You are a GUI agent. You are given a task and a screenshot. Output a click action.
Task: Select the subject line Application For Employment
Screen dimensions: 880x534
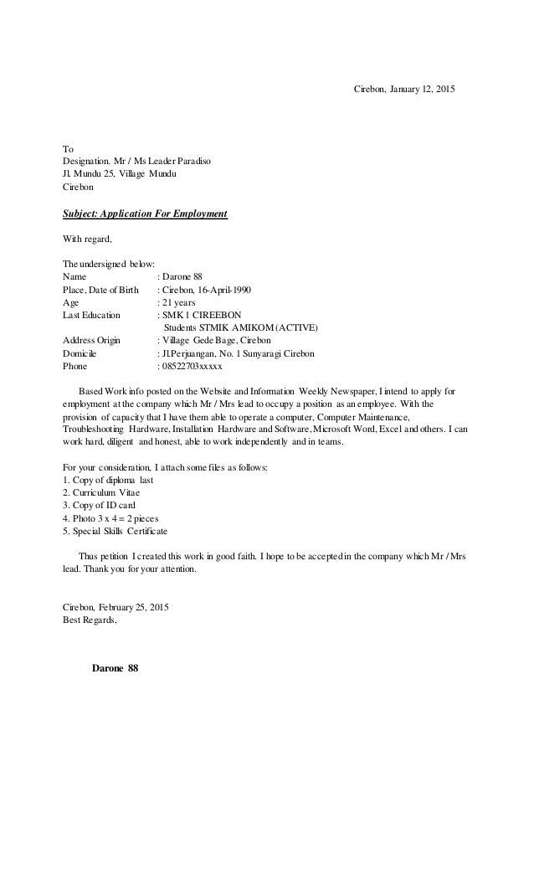146,214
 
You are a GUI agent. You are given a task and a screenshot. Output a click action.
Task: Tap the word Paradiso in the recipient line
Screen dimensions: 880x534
193,160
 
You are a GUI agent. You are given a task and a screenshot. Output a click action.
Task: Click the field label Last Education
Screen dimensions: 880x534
92,316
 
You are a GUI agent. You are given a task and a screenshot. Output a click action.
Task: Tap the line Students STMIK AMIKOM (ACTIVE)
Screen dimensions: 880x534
241,328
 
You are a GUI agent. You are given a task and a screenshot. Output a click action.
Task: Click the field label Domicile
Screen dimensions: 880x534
82,354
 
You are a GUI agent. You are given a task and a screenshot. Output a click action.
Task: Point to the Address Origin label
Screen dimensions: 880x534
92,341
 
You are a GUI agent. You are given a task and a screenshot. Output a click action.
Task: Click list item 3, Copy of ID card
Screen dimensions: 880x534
99,506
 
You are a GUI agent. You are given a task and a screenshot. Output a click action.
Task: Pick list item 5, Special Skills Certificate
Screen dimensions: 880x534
116,532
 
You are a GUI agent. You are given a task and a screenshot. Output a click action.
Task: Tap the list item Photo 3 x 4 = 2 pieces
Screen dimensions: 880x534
110,519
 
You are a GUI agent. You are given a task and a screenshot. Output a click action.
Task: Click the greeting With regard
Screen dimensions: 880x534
87,239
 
